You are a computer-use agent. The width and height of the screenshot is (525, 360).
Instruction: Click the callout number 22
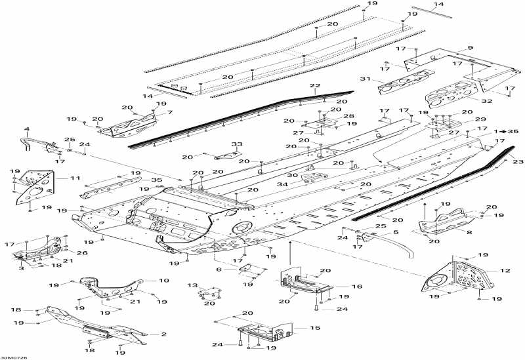(315, 86)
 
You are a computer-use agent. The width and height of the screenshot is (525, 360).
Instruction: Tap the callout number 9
(470, 48)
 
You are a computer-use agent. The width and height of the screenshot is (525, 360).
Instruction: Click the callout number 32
(486, 101)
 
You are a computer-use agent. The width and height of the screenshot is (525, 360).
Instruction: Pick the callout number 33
(236, 144)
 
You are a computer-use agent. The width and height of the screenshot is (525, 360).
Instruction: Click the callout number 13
(192, 285)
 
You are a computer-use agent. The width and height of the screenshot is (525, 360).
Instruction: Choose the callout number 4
(27, 129)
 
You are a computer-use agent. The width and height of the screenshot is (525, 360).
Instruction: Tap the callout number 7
(171, 112)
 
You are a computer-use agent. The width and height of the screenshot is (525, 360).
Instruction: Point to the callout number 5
(396, 232)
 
